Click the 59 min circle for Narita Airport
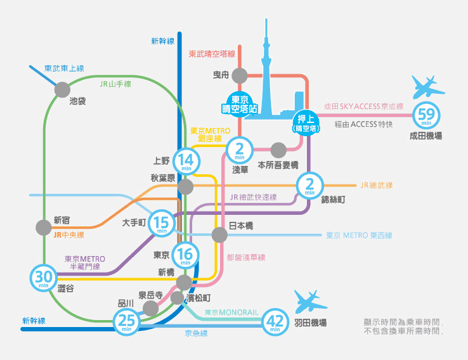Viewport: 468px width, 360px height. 427,117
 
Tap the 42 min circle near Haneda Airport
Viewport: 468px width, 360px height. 275,322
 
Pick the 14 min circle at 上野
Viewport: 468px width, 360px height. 186,161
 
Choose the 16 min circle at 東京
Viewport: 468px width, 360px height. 186,255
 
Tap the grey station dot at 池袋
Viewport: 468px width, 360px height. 62,89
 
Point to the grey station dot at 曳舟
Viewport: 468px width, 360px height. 239,75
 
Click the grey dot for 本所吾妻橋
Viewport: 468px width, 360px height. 278,150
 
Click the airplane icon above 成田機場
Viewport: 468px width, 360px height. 425,87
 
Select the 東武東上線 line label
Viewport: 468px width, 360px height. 64,68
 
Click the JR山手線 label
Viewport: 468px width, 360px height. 115,84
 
